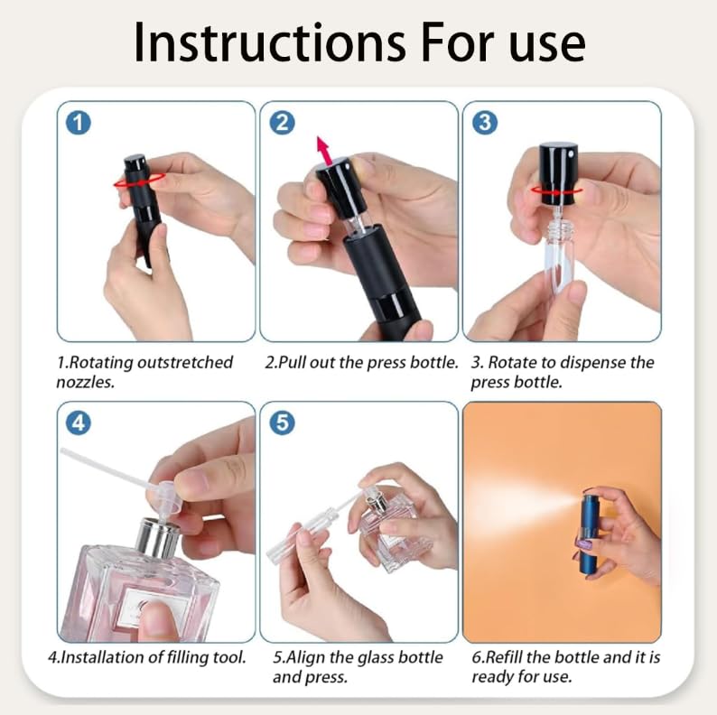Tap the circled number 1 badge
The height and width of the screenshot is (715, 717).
click(x=79, y=123)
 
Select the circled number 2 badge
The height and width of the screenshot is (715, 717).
click(x=283, y=123)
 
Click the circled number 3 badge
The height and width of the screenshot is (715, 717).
click(x=486, y=123)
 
